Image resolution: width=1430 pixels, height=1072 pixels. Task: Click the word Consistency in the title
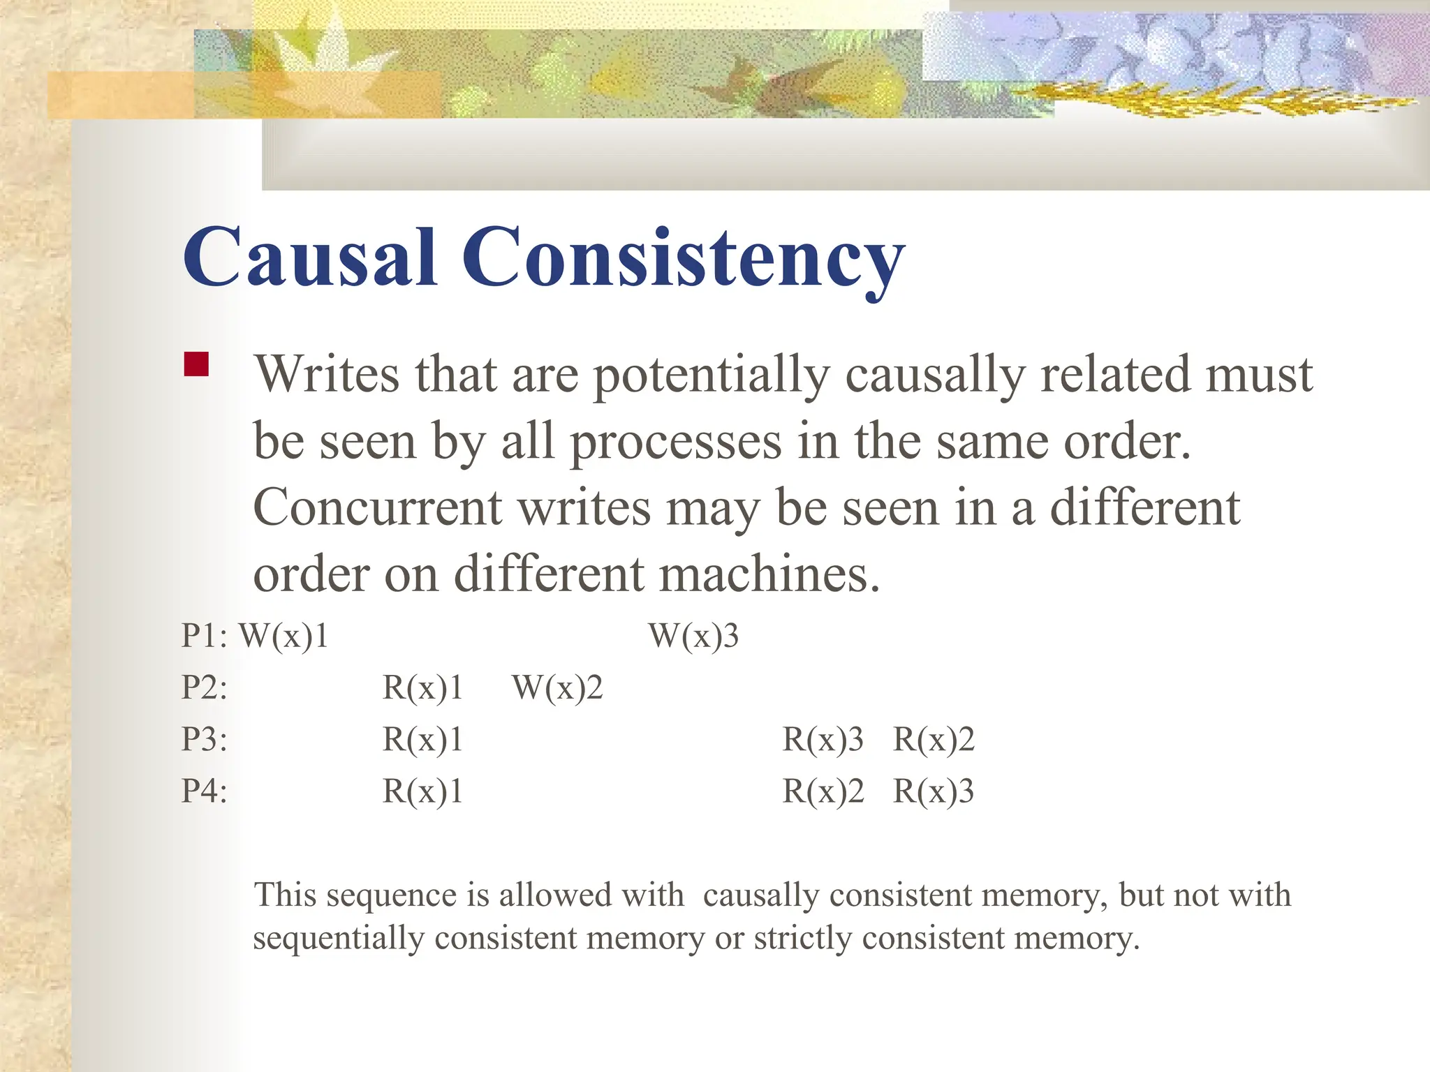click(x=683, y=260)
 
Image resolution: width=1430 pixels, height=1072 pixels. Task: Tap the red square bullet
click(x=196, y=364)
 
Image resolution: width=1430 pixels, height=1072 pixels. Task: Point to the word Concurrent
click(x=377, y=507)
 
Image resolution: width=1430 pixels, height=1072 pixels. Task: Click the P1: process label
click(x=205, y=636)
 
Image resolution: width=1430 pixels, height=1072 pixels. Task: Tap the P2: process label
click(x=205, y=687)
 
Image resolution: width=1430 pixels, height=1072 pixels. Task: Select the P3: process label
click(x=205, y=739)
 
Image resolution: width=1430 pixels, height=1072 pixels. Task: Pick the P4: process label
click(x=205, y=791)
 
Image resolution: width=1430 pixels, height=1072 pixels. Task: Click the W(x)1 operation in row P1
click(x=283, y=636)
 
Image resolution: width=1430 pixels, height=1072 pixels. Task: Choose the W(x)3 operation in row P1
click(x=693, y=636)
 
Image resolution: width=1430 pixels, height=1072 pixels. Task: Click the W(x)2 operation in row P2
click(x=557, y=687)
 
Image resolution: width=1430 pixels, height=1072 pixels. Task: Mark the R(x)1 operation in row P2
click(x=422, y=687)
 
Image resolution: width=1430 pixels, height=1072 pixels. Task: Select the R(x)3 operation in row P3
click(x=823, y=739)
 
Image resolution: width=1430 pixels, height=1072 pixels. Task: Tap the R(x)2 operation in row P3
click(x=934, y=739)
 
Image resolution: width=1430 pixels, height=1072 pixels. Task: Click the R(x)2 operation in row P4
click(x=823, y=791)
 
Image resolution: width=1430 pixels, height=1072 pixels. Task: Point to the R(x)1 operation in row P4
click(x=422, y=791)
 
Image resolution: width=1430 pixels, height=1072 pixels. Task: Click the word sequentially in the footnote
click(x=339, y=939)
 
